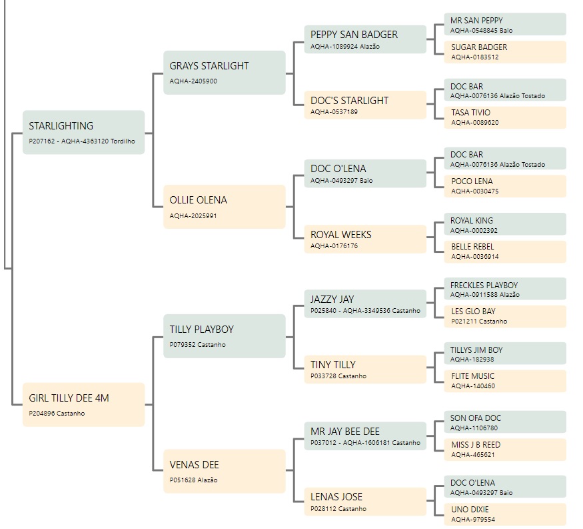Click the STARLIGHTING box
pyautogui.click(x=84, y=132)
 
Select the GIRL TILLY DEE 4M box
pyautogui.click(x=84, y=404)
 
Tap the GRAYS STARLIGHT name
pyautogui.click(x=209, y=66)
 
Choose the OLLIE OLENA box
pyautogui.click(x=225, y=207)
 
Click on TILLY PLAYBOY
pyautogui.click(x=201, y=330)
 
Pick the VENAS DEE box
pyautogui.click(x=225, y=472)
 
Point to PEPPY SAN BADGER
pyautogui.click(x=354, y=35)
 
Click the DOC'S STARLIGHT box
pyautogui.click(x=365, y=105)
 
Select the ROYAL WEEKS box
pyautogui.click(x=365, y=239)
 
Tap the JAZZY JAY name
pyautogui.click(x=332, y=300)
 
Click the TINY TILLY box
pyautogui.click(x=365, y=370)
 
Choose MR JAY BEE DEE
pyautogui.click(x=345, y=432)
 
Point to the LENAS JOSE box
pyautogui.click(x=365, y=502)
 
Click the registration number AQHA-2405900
pyautogui.click(x=193, y=81)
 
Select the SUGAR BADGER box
pyautogui.click(x=505, y=52)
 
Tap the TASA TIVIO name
pyautogui.click(x=470, y=113)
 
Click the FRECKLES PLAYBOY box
pyautogui.click(x=505, y=289)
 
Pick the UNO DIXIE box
pyautogui.click(x=505, y=514)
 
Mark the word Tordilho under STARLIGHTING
pyautogui.click(x=123, y=141)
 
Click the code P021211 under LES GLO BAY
pyautogui.click(x=464, y=322)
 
